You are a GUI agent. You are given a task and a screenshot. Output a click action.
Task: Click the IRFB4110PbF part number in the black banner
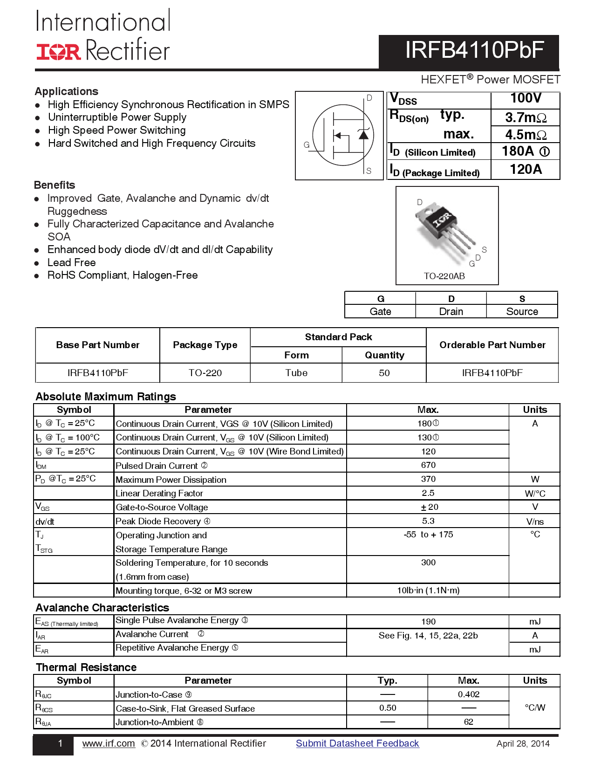[474, 50]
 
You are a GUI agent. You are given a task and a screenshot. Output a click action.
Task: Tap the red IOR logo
[59, 52]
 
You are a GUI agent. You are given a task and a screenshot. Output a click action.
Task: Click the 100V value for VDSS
[525, 98]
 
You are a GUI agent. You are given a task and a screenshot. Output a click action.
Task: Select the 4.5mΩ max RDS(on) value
[525, 135]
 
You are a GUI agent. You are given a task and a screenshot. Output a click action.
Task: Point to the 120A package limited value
[525, 169]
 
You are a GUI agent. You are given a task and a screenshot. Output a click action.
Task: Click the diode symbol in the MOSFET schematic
[363, 135]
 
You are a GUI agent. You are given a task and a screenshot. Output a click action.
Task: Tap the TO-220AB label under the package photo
[444, 276]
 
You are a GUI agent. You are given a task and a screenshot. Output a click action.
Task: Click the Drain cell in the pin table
[451, 311]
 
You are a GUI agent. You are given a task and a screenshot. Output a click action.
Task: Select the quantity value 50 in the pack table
[384, 373]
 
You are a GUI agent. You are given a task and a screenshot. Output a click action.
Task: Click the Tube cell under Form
[296, 373]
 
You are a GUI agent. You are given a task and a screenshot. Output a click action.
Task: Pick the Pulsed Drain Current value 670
[428, 465]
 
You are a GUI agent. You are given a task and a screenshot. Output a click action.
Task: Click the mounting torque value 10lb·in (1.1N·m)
[428, 590]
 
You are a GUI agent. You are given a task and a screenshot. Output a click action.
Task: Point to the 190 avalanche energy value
[428, 622]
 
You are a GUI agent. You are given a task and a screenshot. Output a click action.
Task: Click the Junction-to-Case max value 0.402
[468, 694]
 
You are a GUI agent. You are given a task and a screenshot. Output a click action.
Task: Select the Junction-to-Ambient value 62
[468, 722]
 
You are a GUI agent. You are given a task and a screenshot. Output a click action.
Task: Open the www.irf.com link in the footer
[109, 743]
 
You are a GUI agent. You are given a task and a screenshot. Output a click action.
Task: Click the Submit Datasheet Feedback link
[357, 743]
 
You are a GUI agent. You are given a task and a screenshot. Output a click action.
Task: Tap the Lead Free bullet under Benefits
[71, 262]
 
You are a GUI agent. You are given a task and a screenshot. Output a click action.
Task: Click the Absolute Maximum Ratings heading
[106, 397]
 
